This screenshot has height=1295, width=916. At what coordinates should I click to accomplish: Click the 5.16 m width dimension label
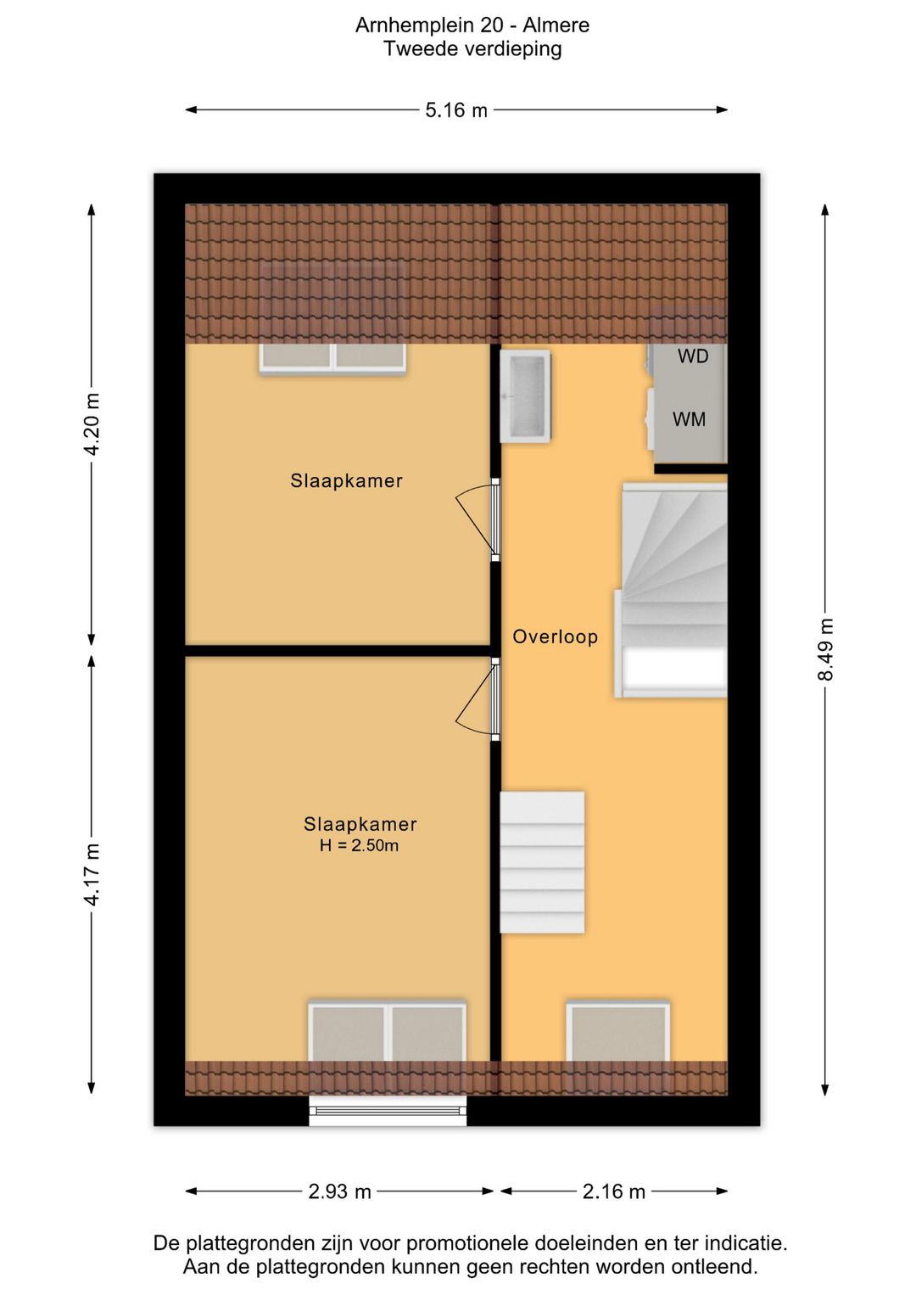pos(456,109)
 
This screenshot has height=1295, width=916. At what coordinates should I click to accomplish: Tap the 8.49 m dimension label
pos(826,649)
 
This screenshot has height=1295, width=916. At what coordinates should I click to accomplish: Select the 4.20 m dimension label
pos(92,423)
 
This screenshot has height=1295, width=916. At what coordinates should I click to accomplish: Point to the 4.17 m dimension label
pos(92,873)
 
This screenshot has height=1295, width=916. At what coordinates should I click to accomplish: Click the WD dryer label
pos(693,356)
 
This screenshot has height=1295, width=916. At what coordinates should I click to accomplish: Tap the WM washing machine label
pos(689,419)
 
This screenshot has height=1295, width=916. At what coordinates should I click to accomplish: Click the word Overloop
pos(555,637)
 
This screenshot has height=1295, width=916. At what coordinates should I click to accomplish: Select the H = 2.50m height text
pos(360,846)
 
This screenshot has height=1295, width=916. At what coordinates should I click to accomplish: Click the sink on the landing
pos(525,396)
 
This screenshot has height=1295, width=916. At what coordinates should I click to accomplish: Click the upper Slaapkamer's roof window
pos(332,358)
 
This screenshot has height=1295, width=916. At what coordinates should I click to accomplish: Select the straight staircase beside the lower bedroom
pos(542,862)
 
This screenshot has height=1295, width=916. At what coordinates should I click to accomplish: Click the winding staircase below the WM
pos(670,591)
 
